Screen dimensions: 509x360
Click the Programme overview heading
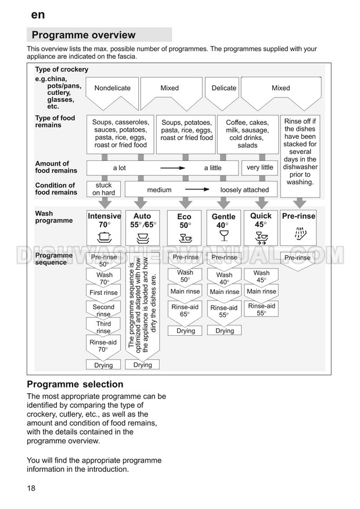pos(84,35)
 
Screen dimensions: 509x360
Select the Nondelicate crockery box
pos(113,88)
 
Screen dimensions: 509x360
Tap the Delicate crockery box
pos(224,88)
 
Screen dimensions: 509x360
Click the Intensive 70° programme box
pos(105,227)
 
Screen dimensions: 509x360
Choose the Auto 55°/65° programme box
pos(142,227)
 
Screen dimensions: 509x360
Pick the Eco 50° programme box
pos(184,227)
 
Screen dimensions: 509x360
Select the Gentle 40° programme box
pos(223,227)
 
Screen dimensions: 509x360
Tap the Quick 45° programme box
pos(261,227)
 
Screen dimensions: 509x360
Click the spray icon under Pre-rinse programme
pos(299,235)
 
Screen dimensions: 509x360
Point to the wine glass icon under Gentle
pos(224,236)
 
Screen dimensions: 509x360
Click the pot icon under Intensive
pos(105,237)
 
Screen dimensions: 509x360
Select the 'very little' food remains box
pos(260,167)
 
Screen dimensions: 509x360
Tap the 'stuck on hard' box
pos(104,189)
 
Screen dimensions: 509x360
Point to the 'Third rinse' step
pos(104,328)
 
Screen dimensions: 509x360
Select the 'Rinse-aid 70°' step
pos(104,346)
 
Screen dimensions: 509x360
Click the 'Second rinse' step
pos(104,310)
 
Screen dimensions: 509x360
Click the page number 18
pos(31,488)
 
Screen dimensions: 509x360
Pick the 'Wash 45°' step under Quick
pos(261,276)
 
